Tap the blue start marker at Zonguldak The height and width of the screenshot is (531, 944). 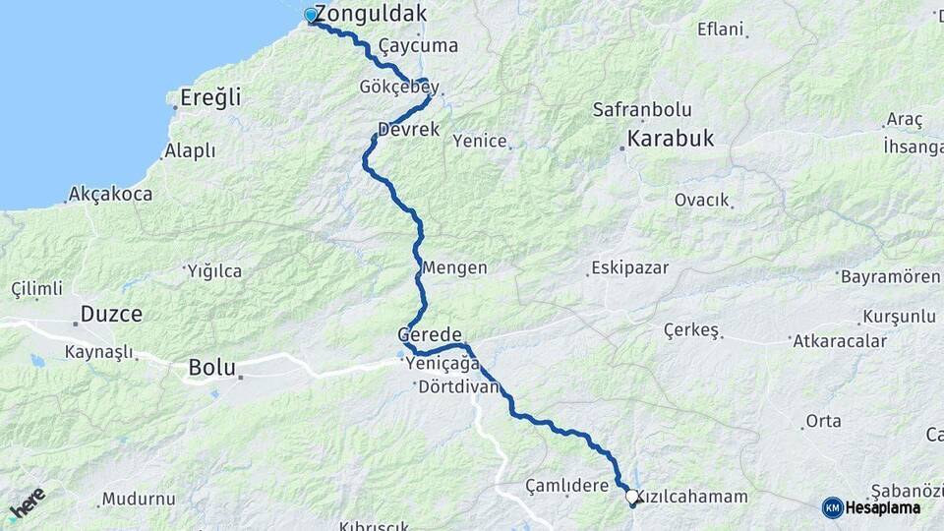click(x=311, y=15)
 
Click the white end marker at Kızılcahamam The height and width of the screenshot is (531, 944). click(x=631, y=498)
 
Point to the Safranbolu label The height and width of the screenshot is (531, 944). click(x=642, y=110)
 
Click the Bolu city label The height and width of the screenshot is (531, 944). click(x=212, y=368)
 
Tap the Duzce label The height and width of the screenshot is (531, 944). click(x=111, y=315)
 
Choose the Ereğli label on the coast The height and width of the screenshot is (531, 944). click(x=210, y=98)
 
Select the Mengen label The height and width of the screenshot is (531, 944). click(x=454, y=267)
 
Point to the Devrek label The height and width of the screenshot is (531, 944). click(x=408, y=130)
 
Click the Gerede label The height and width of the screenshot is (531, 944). click(x=430, y=334)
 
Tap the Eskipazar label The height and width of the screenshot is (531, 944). click(x=629, y=267)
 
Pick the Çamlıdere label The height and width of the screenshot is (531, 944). click(x=567, y=486)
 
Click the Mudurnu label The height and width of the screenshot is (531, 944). click(x=138, y=499)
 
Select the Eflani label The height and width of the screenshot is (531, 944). click(x=720, y=29)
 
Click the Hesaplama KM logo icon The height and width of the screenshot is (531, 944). click(x=833, y=507)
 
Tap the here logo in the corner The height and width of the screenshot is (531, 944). click(x=28, y=503)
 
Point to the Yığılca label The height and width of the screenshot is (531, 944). click(x=214, y=271)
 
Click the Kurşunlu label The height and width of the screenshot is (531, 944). click(x=899, y=317)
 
